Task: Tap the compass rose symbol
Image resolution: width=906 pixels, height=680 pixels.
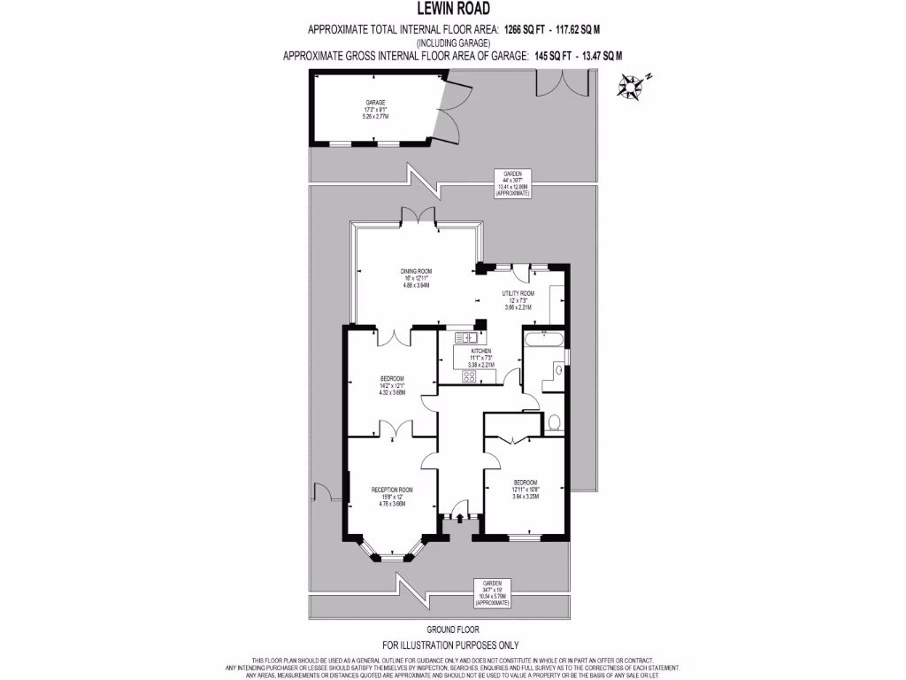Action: coord(630,85)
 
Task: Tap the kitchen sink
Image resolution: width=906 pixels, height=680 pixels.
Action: coord(466,336)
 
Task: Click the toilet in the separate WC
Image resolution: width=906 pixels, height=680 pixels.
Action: coord(554,421)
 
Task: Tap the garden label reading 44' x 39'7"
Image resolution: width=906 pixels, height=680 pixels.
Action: coord(512,181)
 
